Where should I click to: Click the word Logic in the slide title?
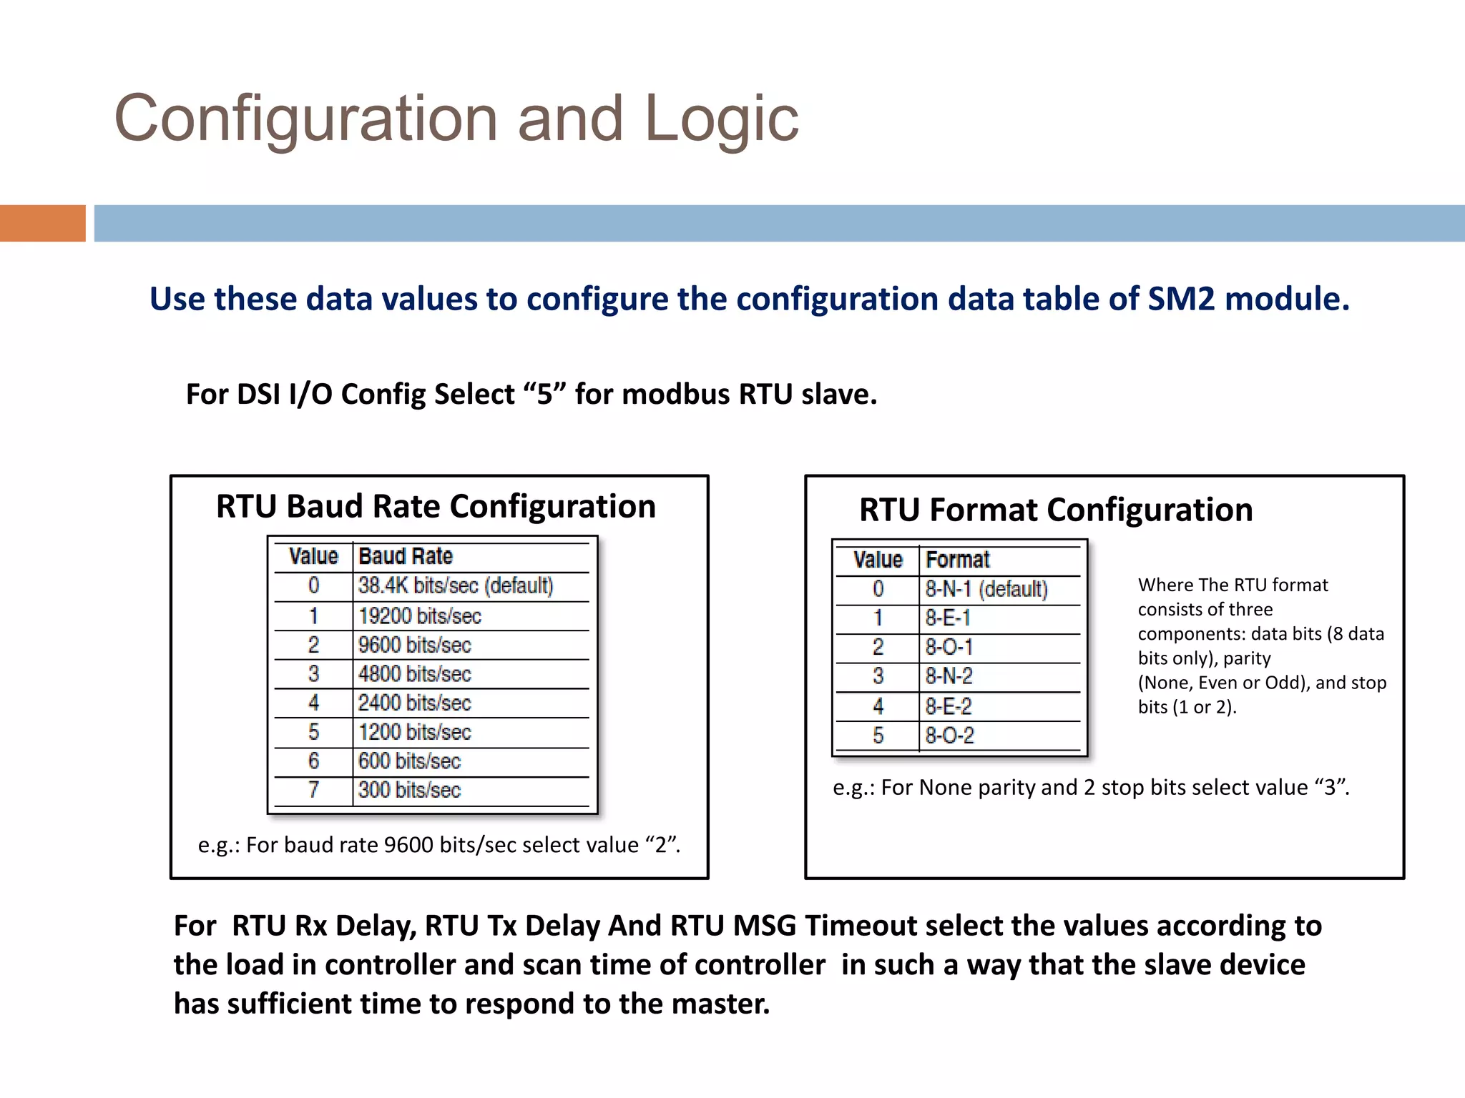click(x=721, y=119)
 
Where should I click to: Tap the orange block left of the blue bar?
click(x=42, y=223)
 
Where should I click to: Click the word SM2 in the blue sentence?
click(x=1181, y=299)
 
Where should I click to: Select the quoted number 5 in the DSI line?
click(x=544, y=394)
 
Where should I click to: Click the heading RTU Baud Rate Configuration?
click(x=436, y=506)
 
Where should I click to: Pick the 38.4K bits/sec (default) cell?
click(x=456, y=586)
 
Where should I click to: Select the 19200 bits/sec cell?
click(x=419, y=616)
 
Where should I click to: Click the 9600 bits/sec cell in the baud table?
click(x=414, y=645)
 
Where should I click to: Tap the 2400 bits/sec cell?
click(x=414, y=703)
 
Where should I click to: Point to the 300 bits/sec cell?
click(x=409, y=790)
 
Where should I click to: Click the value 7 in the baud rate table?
click(x=313, y=790)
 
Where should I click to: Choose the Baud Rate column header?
click(x=405, y=556)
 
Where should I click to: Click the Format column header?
click(x=957, y=560)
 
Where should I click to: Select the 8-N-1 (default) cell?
click(x=986, y=589)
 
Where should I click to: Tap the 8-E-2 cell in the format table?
click(x=948, y=706)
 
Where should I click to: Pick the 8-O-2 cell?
click(x=949, y=736)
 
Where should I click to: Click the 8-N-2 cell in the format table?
click(x=949, y=676)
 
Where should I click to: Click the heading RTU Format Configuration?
click(x=1056, y=510)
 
